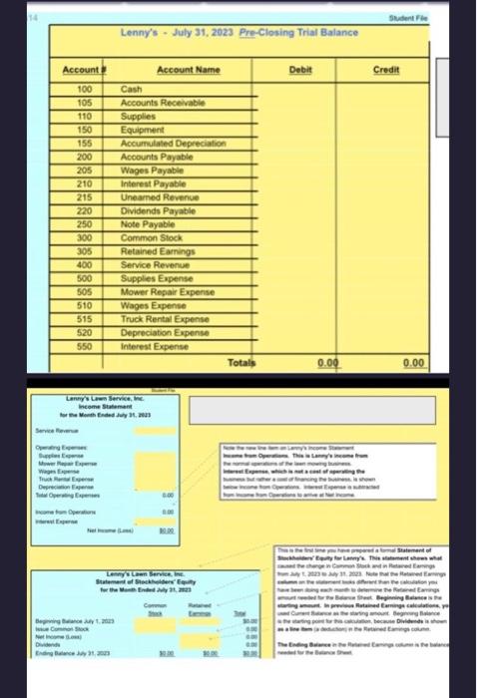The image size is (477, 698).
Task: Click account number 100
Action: point(86,89)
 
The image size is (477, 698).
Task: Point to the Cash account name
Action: point(132,89)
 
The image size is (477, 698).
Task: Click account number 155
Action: point(86,142)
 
